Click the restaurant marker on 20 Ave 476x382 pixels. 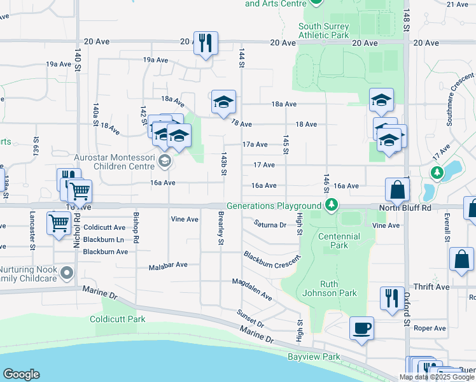point(206,43)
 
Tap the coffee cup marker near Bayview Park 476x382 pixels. point(361,329)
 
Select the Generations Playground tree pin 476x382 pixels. point(330,205)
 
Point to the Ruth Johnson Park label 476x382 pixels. point(330,288)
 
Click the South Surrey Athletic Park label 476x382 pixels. point(323,31)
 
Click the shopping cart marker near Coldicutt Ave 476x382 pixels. point(59,223)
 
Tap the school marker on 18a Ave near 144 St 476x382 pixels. point(223,102)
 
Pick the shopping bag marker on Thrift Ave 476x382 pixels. point(461,260)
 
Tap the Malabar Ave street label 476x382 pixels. point(168,265)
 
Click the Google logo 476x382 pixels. point(21,374)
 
